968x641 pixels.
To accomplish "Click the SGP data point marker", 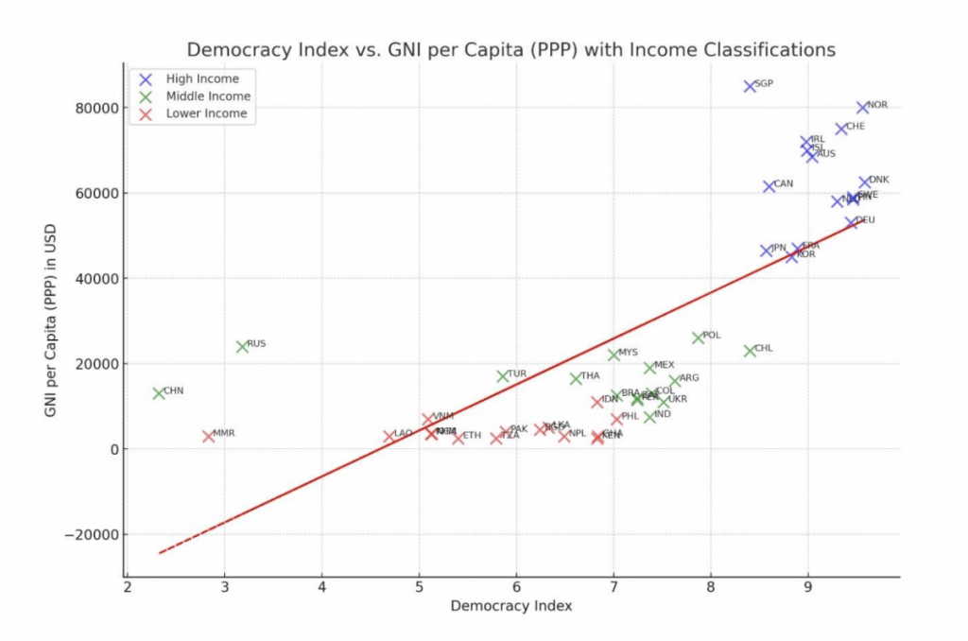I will click(751, 86).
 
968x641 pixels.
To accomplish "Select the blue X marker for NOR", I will click(863, 108).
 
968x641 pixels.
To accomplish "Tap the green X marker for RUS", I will click(242, 347).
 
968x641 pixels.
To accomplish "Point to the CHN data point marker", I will click(159, 393).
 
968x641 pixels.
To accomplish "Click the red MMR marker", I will click(209, 436).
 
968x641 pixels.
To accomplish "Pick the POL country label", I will click(712, 336).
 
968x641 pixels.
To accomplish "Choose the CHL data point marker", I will click(751, 351).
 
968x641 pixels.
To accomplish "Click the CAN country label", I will click(784, 184).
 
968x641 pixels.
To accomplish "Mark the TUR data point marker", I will click(503, 376).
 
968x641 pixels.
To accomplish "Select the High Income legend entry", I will click(202, 79).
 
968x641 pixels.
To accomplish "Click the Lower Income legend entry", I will click(206, 113).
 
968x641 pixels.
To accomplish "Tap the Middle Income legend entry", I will click(208, 96).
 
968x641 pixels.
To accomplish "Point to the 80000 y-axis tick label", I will click(95, 108).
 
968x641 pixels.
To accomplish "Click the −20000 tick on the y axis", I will click(91, 534).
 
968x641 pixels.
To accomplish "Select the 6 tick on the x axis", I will click(516, 586).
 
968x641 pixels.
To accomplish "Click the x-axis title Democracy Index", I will click(510, 606).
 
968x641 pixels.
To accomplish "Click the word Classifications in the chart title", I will click(770, 50).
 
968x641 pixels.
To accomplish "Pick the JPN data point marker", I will click(767, 251).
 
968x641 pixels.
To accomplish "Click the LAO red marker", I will click(389, 436).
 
